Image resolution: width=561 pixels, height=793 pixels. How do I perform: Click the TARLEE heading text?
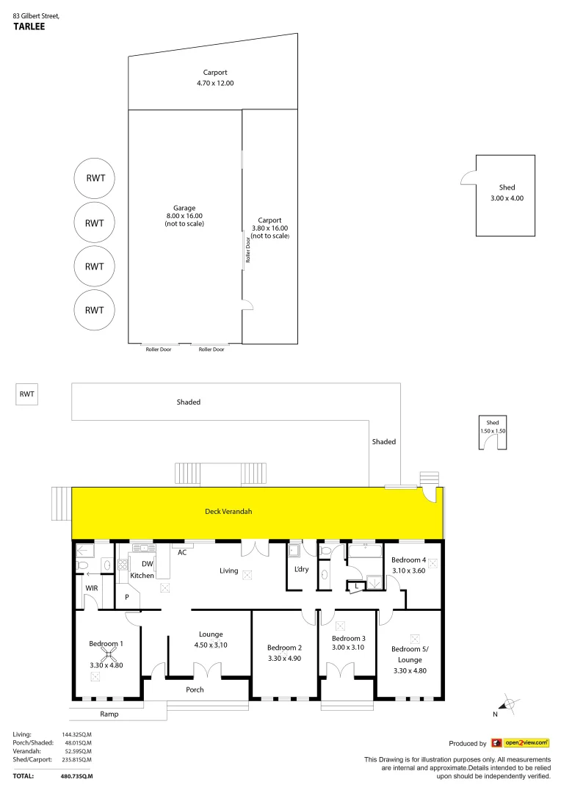point(29,25)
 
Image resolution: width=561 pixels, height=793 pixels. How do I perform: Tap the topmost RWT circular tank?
point(95,178)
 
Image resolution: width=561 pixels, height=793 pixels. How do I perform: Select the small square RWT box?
point(27,394)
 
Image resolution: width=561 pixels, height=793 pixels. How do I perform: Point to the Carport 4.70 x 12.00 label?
point(215,78)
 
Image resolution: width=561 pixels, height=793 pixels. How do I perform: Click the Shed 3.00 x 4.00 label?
point(507,193)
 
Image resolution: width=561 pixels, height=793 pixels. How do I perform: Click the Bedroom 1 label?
point(106,644)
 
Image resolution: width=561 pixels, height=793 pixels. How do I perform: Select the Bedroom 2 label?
point(285,648)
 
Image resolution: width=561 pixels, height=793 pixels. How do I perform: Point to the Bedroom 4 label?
point(409,560)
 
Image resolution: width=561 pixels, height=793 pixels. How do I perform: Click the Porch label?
point(195,689)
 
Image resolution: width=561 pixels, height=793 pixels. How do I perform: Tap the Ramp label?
point(109,714)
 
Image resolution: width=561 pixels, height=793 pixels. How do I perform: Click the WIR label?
point(92,588)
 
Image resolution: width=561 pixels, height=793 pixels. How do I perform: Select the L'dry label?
point(301,570)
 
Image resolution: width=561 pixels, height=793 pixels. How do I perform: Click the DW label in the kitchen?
point(147,564)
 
